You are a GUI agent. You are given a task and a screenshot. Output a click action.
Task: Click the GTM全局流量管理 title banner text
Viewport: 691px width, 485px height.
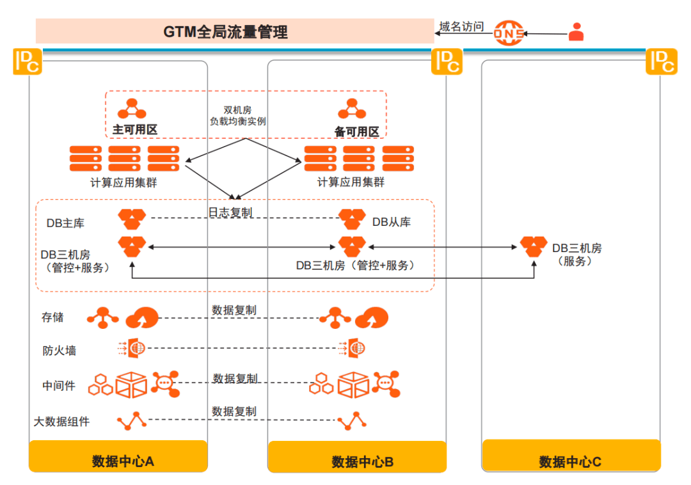tap(225, 32)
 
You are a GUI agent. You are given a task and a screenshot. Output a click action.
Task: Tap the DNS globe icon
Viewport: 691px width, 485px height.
tap(509, 33)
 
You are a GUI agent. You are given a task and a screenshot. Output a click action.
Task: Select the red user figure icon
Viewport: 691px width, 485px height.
tap(576, 32)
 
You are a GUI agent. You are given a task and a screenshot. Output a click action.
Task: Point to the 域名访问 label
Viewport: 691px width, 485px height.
tap(461, 26)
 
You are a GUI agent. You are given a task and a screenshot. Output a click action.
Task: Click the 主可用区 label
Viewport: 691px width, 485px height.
tap(135, 129)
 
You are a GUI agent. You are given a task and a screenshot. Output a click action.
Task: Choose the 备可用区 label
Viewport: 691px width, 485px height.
tap(356, 132)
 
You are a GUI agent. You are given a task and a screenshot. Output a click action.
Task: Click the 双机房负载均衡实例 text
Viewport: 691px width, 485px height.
tap(237, 115)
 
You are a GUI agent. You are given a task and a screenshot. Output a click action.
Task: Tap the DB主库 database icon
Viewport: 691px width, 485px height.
tap(132, 219)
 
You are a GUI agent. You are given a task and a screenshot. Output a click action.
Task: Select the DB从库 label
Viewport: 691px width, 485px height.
tap(392, 222)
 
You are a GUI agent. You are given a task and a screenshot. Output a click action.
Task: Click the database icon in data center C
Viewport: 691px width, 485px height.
tap(534, 246)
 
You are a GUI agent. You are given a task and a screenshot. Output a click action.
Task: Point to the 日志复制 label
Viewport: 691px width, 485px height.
tap(230, 213)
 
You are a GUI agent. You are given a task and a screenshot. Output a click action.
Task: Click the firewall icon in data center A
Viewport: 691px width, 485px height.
tap(132, 348)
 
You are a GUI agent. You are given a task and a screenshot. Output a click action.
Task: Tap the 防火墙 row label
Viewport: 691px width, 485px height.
tap(59, 351)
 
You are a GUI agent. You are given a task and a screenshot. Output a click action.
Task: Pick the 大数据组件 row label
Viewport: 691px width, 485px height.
tap(61, 422)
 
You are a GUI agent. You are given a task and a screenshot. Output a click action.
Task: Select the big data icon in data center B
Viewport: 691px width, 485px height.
tap(352, 421)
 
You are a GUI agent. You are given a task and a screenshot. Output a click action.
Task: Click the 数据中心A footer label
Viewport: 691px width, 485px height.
tap(122, 461)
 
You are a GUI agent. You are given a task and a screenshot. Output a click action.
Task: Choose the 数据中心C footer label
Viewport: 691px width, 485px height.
tap(570, 462)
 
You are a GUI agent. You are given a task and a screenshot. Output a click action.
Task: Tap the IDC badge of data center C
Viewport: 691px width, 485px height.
tap(662, 61)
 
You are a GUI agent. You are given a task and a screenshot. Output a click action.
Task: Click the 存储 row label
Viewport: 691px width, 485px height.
tap(52, 317)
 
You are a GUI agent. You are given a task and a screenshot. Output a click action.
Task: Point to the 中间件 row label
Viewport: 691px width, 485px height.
tap(59, 386)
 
